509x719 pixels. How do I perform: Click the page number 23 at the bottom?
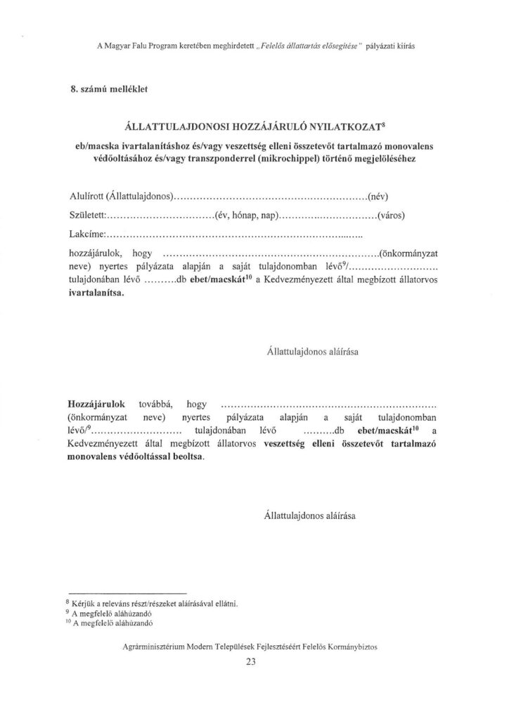[253, 668]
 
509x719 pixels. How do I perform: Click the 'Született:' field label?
[86, 214]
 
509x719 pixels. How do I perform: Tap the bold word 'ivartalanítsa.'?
[96, 294]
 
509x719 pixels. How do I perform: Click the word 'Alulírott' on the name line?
[86, 195]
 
